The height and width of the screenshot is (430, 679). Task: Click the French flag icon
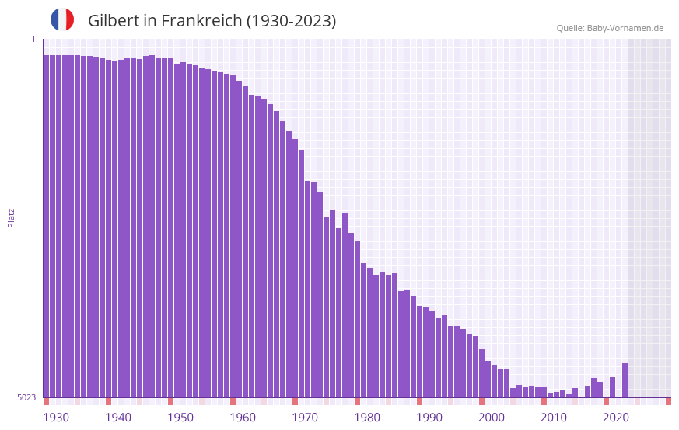point(62,19)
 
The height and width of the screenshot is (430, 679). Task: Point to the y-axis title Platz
point(11,217)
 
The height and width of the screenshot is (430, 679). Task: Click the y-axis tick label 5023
point(26,397)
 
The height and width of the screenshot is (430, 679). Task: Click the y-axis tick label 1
point(33,39)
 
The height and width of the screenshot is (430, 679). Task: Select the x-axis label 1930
point(56,418)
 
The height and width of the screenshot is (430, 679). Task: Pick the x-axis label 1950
point(180,418)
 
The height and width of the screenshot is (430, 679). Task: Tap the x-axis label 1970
point(305,418)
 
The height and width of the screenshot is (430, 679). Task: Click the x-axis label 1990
point(429,418)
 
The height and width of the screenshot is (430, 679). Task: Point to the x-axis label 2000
point(492,418)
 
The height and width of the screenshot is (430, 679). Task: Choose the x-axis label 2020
point(616,418)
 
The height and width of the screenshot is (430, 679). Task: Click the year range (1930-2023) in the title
point(291,21)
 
